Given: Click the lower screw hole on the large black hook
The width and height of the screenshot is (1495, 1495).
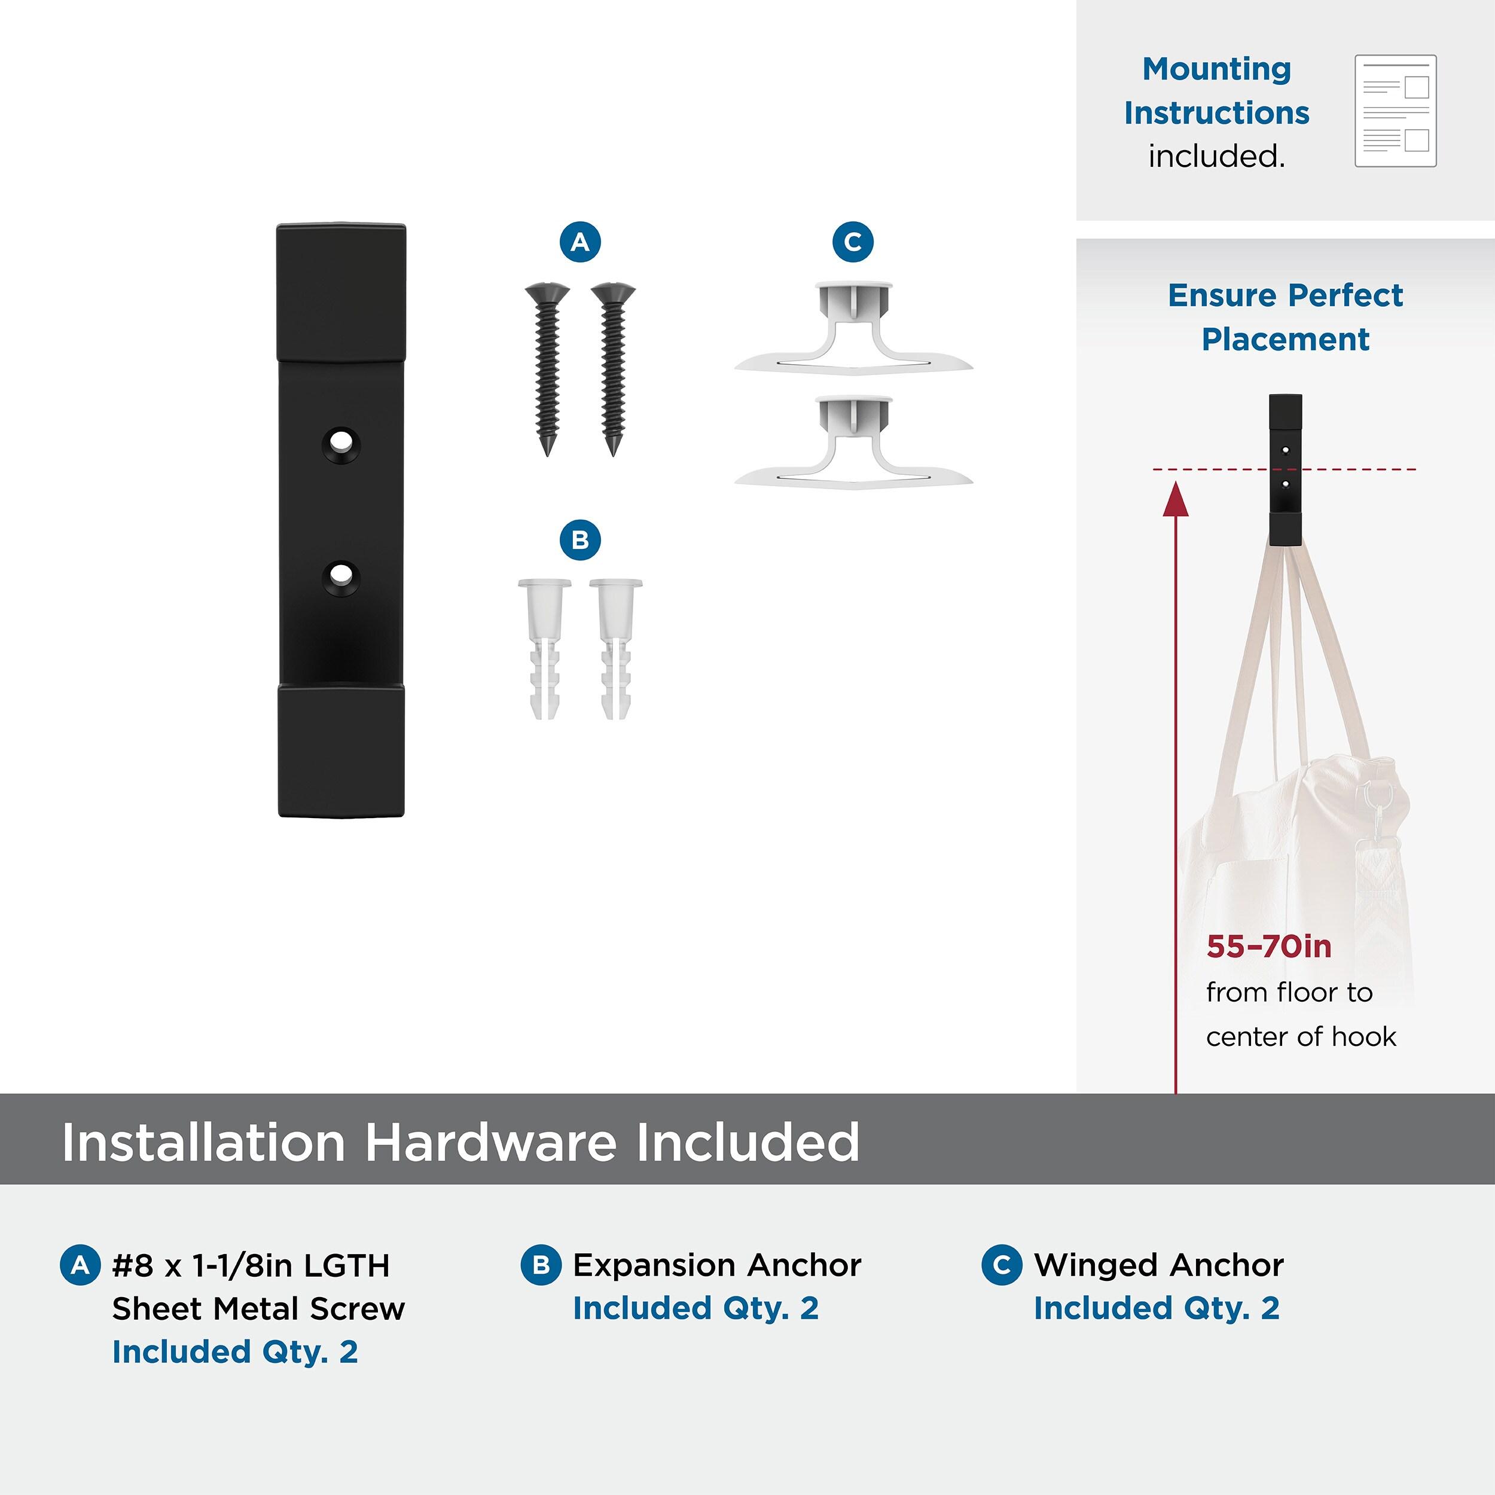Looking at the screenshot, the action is tap(339, 577).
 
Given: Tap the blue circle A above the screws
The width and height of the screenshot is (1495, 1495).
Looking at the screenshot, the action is tap(579, 242).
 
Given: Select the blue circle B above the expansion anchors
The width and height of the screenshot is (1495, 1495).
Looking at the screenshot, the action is tap(579, 539).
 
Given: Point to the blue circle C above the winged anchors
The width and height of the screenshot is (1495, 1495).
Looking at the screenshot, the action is tap(853, 242).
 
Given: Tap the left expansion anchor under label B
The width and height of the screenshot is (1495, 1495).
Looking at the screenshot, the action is tap(545, 648).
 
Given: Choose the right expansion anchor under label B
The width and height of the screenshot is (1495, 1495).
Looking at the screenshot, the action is tap(616, 648).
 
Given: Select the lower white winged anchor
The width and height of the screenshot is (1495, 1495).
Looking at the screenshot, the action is tap(853, 443).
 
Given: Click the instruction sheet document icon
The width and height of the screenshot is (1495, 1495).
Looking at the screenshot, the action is tap(1395, 111).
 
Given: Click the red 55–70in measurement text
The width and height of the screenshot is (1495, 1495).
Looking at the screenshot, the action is tap(1268, 947).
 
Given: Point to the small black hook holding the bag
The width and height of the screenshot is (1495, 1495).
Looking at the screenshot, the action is tap(1285, 469).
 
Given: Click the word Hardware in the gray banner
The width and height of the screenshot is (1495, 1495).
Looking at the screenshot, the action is tap(490, 1142).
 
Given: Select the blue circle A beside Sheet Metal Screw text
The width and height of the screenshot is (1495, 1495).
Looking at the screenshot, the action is tap(80, 1265).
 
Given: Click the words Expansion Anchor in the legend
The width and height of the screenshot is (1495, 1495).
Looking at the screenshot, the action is tap(716, 1265).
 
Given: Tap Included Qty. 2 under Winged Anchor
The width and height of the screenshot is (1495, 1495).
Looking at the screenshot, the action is tap(1157, 1308).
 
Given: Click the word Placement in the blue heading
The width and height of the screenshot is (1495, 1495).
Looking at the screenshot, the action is tap(1285, 340).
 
